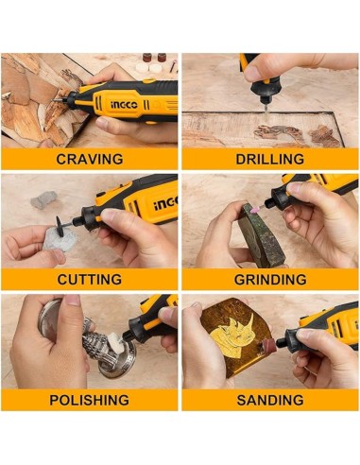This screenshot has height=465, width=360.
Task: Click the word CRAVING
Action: [x=90, y=159]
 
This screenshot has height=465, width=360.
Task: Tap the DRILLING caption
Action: [x=270, y=159]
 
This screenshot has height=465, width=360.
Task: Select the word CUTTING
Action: [x=90, y=280]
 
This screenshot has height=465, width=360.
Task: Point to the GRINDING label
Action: [x=270, y=280]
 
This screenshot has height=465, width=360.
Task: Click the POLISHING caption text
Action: [x=90, y=400]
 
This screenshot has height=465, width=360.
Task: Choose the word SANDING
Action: [x=270, y=400]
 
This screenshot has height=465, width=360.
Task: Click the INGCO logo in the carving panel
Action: [x=124, y=105]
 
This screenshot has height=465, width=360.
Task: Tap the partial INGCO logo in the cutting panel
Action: [x=166, y=204]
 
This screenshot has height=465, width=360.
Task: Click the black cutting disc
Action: [x=63, y=224]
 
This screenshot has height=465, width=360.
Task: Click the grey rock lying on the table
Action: [x=43, y=199]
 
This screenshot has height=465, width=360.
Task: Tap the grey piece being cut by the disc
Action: [x=60, y=239]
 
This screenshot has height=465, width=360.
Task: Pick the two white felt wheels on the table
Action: [x=148, y=67]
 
